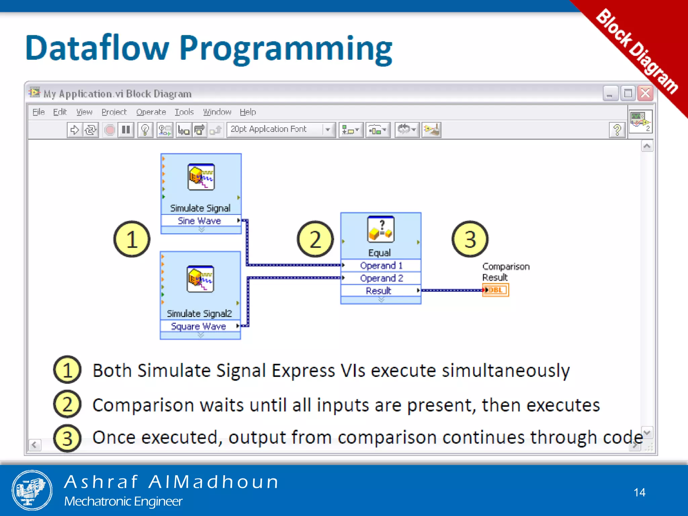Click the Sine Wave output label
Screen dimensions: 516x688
click(200, 221)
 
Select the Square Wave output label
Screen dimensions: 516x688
click(199, 326)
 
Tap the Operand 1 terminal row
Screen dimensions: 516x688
click(381, 265)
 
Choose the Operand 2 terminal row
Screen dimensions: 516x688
click(381, 278)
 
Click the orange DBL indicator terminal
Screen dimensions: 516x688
click(496, 290)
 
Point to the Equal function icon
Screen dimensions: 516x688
click(381, 229)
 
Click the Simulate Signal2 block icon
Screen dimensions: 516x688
click(200, 279)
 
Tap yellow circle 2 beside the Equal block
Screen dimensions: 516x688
click(315, 239)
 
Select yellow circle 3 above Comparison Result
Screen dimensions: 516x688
click(470, 239)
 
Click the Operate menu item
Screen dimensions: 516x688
click(151, 112)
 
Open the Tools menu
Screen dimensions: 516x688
click(184, 112)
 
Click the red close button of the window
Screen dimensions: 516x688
click(645, 93)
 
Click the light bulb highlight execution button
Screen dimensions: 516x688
click(145, 130)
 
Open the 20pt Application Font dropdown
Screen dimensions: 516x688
click(328, 130)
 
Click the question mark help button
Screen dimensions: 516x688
click(617, 130)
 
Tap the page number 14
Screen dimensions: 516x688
click(639, 492)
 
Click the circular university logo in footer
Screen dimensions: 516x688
click(32, 490)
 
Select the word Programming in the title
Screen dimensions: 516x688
click(286, 49)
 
